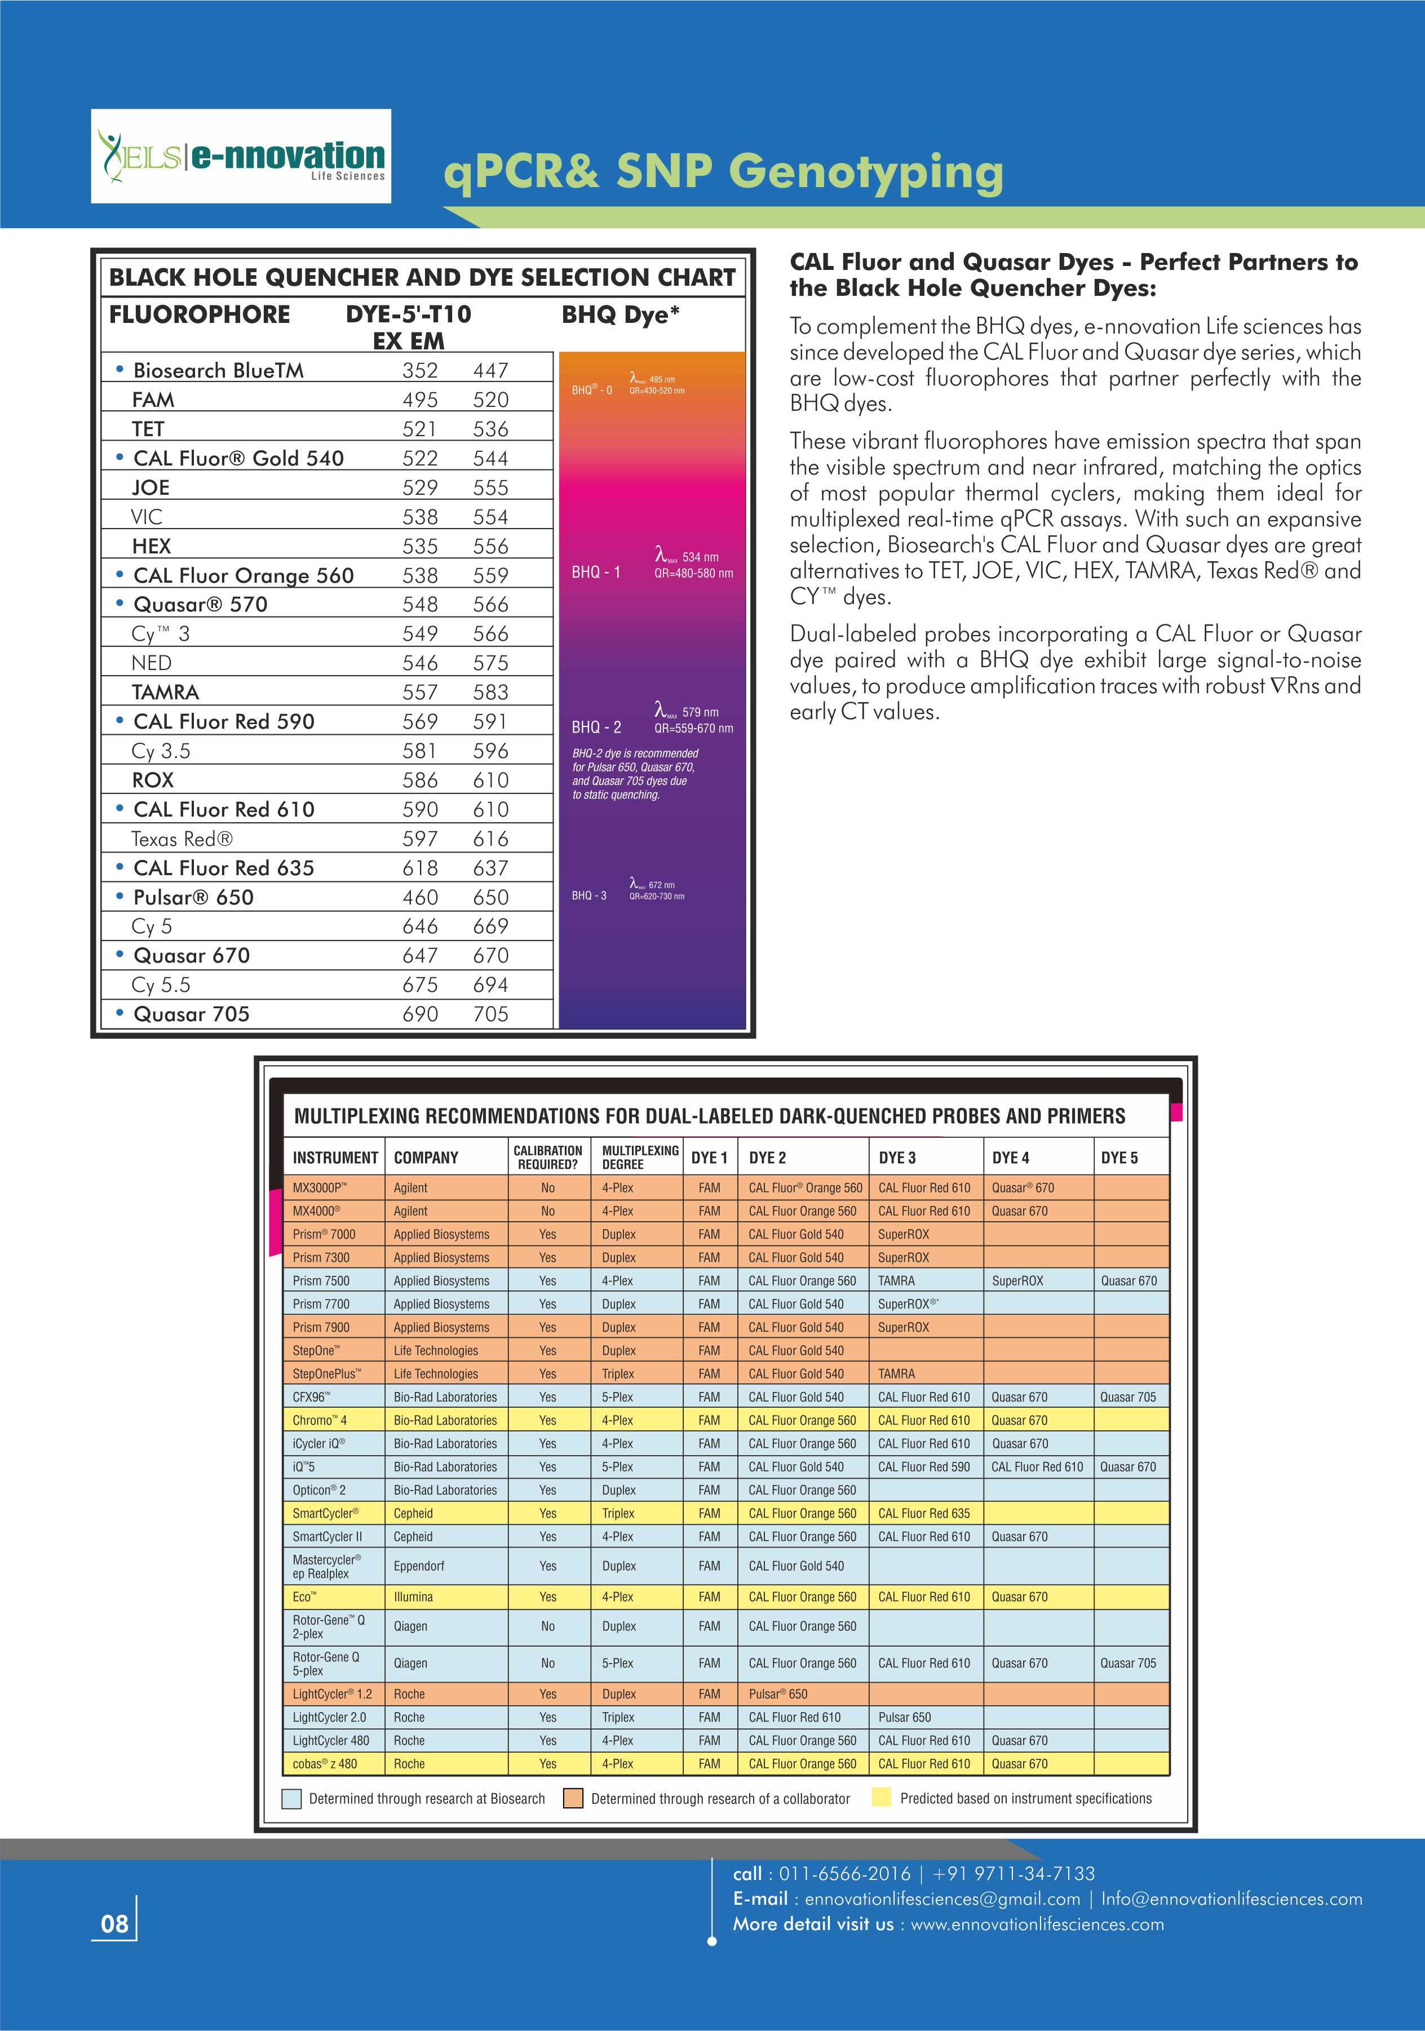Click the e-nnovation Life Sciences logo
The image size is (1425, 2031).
click(241, 157)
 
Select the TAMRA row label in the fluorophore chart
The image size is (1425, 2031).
click(165, 691)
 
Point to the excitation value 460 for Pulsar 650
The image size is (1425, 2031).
click(420, 897)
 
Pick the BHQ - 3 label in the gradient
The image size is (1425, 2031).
click(589, 895)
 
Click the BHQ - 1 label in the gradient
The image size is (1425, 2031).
click(596, 573)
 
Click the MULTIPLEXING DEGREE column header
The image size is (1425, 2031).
click(640, 1157)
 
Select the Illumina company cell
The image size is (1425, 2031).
click(413, 1597)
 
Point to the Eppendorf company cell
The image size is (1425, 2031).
click(419, 1566)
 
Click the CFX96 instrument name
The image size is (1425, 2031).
click(311, 1397)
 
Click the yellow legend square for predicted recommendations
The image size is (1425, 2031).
click(881, 1798)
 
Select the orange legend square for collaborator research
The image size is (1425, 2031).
click(573, 1798)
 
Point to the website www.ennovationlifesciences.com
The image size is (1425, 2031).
click(1037, 1924)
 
